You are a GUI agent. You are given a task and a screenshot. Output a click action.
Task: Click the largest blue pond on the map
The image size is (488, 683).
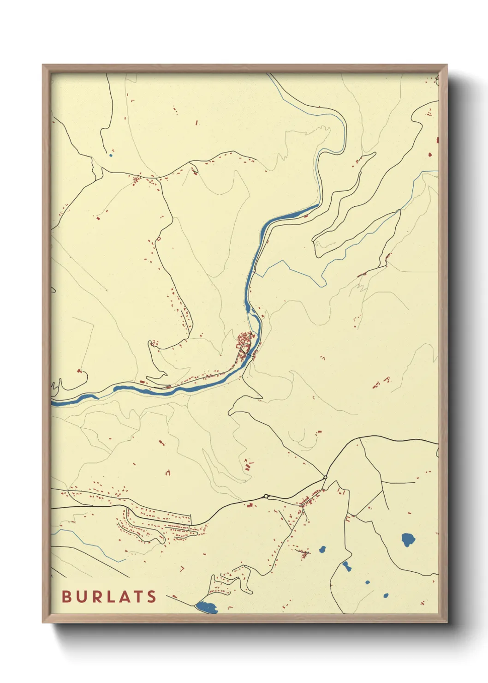(x=408, y=539)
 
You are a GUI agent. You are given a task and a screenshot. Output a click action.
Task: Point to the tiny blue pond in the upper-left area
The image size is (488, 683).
(x=111, y=155)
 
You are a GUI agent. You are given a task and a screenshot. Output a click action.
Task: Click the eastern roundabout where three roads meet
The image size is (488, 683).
(x=325, y=477)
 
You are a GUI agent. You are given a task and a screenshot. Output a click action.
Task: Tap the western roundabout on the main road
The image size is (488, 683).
(x=266, y=496)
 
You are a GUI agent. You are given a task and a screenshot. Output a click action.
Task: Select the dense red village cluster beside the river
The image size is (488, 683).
(x=244, y=341)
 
